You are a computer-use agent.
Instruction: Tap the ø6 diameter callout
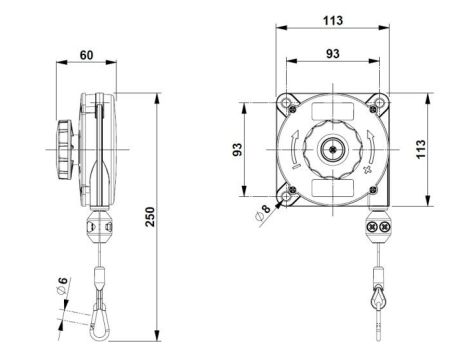60,286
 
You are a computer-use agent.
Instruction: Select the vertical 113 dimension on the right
432,149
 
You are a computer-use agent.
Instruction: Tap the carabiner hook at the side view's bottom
101,316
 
